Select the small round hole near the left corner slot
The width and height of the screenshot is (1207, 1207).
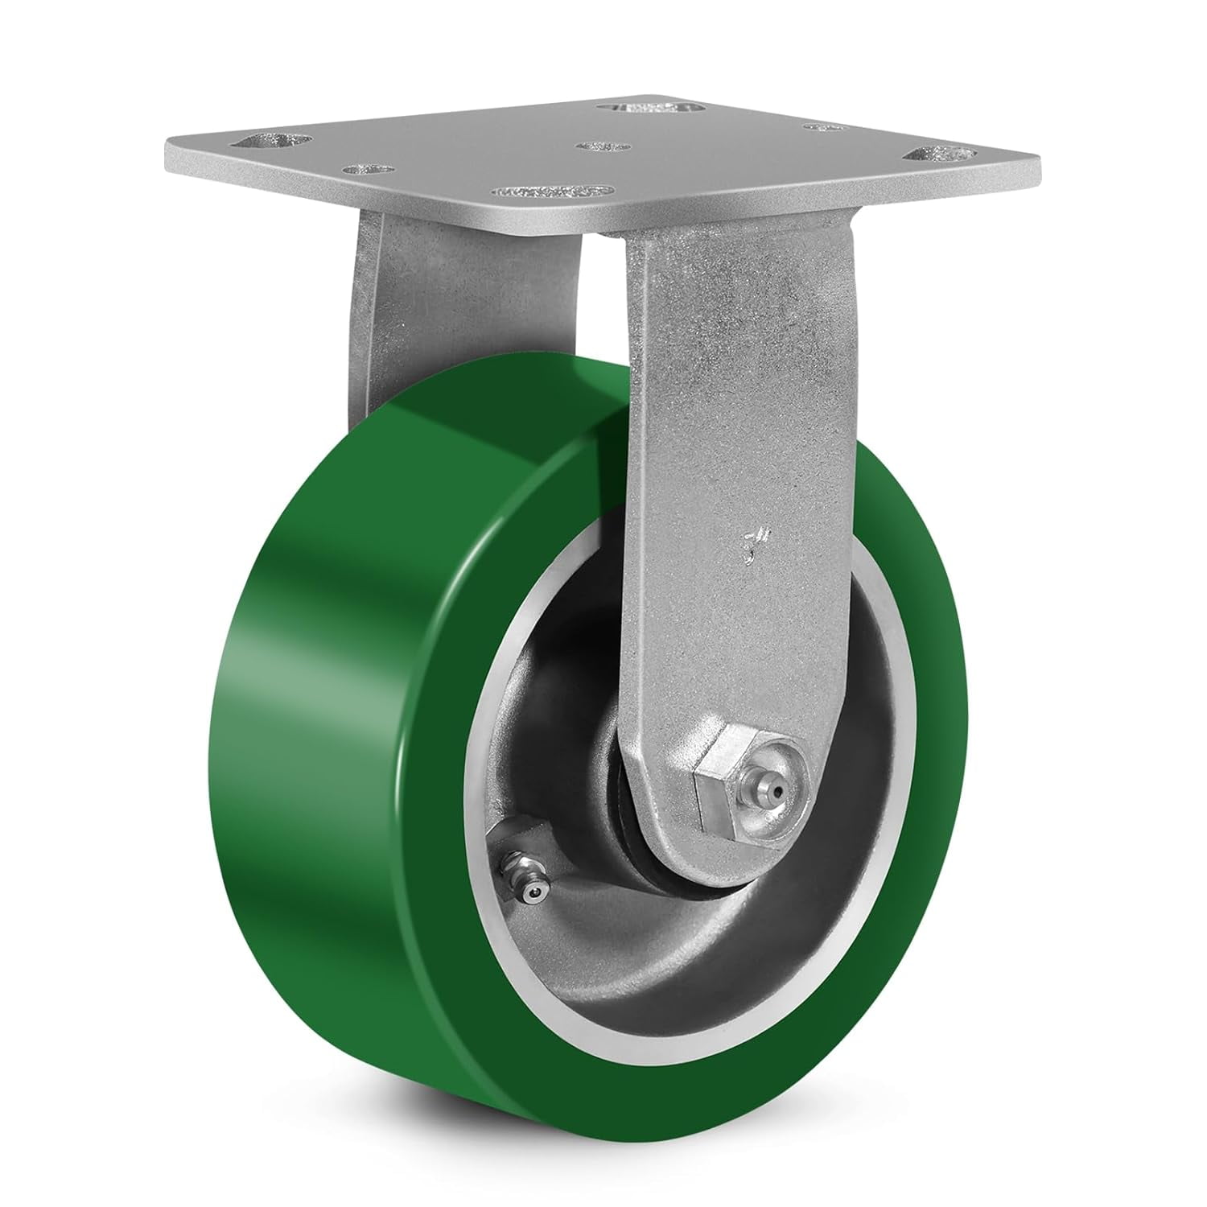click(x=368, y=170)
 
